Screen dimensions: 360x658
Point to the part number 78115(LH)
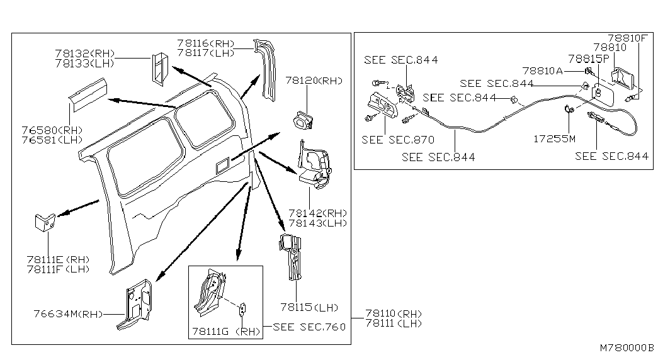(310, 308)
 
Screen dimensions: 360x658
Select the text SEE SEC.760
(310, 327)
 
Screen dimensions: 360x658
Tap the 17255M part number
(554, 138)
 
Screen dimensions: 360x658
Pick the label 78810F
(627, 38)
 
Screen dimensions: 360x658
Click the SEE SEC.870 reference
(399, 140)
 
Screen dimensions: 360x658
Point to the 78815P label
(588, 59)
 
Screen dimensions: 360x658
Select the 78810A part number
(542, 71)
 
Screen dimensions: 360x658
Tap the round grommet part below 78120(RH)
(305, 120)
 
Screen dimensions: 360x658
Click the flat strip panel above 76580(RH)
(88, 94)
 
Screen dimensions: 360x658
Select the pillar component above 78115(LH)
(292, 255)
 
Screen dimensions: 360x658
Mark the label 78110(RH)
(394, 313)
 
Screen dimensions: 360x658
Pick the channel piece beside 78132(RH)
(159, 68)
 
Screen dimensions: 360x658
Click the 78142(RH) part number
(318, 213)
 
